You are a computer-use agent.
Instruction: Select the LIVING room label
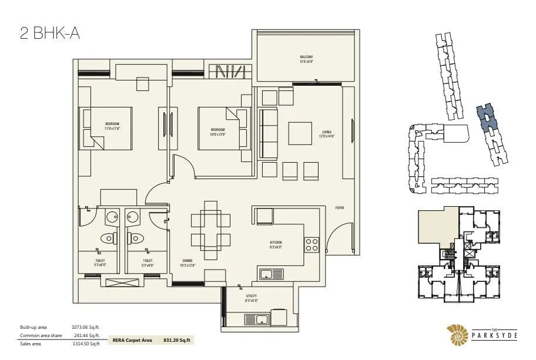tap(327, 134)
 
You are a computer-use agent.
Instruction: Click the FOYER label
tap(339, 208)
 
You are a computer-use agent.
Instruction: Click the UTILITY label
tap(251, 298)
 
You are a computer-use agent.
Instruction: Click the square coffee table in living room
tap(300, 133)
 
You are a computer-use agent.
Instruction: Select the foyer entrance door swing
tap(336, 238)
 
